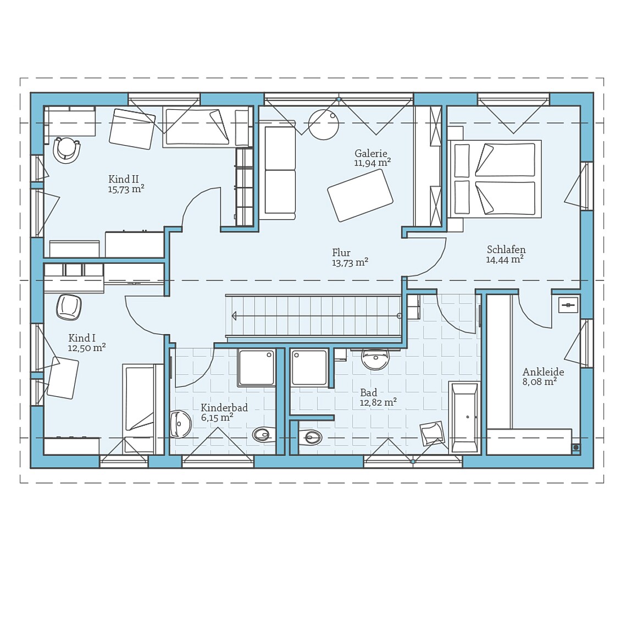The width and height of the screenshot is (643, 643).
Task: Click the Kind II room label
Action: [x=123, y=179]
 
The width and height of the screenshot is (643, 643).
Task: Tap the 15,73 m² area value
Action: [x=126, y=190]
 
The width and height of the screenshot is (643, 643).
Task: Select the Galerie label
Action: [x=371, y=154]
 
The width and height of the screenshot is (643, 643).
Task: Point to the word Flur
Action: [x=341, y=253]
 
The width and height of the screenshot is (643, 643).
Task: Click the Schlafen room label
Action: [x=506, y=250]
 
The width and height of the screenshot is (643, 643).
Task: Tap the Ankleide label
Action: [x=543, y=372]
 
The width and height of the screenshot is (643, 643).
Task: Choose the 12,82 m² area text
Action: [x=378, y=403]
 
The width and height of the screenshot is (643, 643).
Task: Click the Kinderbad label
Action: [x=224, y=408]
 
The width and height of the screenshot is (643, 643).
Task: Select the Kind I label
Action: [x=82, y=338]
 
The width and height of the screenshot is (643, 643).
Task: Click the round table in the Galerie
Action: [x=324, y=125]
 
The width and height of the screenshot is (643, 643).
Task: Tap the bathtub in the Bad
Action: [x=464, y=417]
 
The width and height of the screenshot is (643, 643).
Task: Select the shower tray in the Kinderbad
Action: [x=256, y=368]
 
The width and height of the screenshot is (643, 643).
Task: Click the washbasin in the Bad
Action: [x=375, y=359]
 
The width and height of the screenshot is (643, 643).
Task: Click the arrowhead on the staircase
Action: [x=235, y=316]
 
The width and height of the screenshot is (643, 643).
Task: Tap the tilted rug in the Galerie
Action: [x=360, y=196]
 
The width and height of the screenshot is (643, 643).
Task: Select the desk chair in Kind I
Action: [x=69, y=307]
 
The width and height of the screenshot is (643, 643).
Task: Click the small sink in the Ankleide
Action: [x=568, y=304]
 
